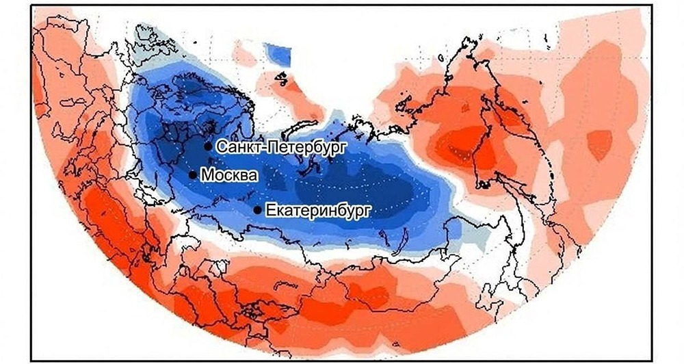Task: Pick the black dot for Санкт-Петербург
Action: point(208,146)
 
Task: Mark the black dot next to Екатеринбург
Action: point(257,209)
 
